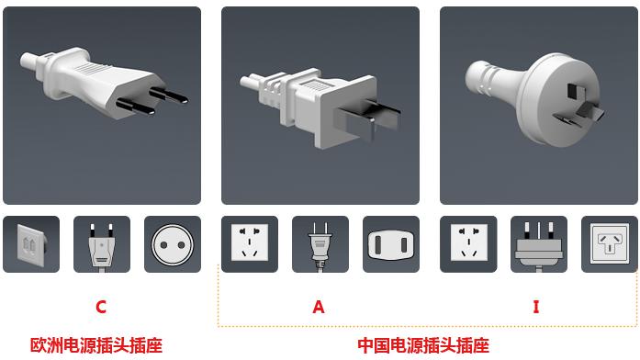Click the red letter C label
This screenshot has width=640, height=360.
(x=101, y=307)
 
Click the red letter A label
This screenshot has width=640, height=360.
(x=319, y=307)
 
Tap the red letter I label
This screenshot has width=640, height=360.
(x=536, y=307)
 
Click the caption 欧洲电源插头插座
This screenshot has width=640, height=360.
(x=96, y=345)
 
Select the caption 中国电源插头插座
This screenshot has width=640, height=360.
(x=423, y=345)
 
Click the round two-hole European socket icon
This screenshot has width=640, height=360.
(x=173, y=245)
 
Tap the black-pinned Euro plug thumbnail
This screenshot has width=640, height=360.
(x=102, y=244)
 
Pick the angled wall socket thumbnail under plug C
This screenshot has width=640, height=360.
(x=31, y=244)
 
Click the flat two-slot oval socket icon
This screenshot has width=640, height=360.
(x=391, y=245)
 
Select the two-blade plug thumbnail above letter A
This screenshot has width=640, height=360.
(x=320, y=245)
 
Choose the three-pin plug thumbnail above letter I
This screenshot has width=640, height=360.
(x=539, y=245)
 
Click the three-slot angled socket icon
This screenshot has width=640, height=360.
(x=610, y=243)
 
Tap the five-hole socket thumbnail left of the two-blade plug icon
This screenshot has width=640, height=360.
(x=250, y=242)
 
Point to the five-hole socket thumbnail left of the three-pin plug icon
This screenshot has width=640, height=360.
(x=468, y=242)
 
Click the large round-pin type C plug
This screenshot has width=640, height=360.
(x=104, y=83)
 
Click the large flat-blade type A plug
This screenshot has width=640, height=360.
(x=320, y=107)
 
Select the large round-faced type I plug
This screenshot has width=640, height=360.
(x=534, y=98)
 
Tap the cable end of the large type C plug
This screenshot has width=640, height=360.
(x=28, y=62)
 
